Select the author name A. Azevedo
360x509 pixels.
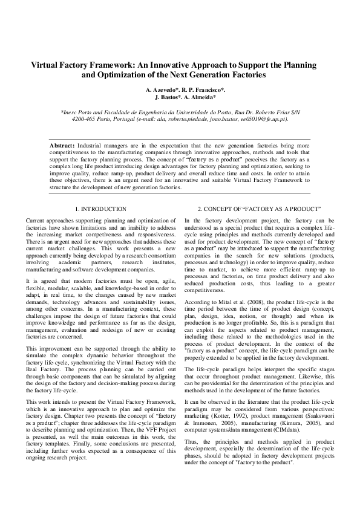point(163,89)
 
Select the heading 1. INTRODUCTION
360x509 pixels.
point(100,209)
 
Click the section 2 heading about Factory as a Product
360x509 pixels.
point(259,209)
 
